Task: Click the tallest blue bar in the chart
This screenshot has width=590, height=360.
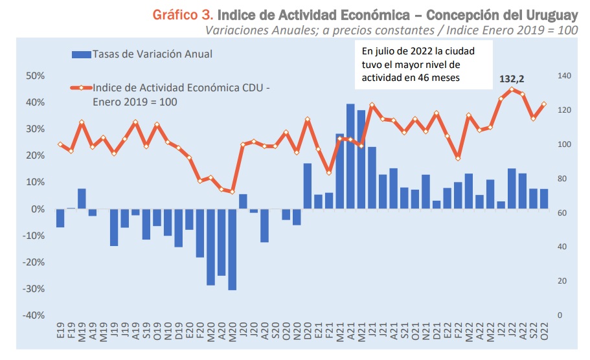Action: click(x=350, y=156)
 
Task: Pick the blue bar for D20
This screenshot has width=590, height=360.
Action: click(x=308, y=186)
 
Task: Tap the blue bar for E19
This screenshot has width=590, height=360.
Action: click(x=60, y=218)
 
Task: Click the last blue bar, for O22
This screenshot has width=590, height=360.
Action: click(x=543, y=199)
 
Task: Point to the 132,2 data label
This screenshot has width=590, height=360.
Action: click(x=512, y=79)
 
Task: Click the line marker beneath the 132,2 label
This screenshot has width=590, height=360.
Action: click(x=512, y=90)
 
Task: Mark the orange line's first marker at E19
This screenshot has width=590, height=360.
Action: click(x=60, y=144)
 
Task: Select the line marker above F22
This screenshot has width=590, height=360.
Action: click(x=458, y=158)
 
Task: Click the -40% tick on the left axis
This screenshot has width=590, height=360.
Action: click(x=34, y=315)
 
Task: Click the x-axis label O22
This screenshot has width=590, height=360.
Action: click(x=544, y=337)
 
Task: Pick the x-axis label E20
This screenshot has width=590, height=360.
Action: click(x=189, y=337)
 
